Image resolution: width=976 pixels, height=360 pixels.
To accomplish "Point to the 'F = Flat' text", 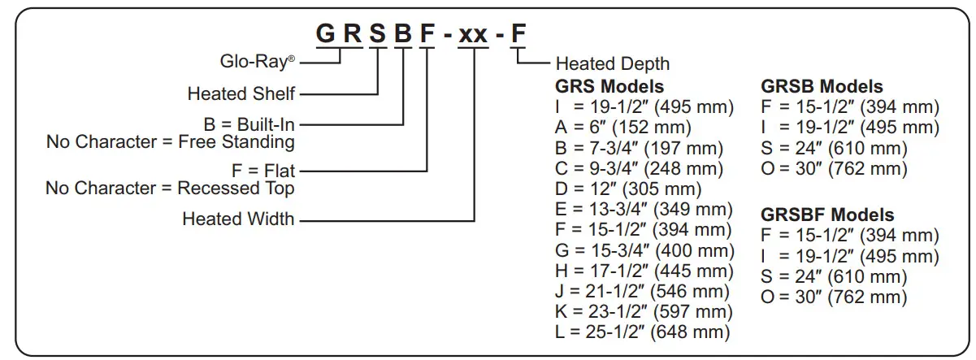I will (x=263, y=171).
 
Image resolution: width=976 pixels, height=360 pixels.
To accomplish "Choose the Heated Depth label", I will (x=613, y=64).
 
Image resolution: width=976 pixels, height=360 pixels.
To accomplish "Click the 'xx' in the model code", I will (x=473, y=36).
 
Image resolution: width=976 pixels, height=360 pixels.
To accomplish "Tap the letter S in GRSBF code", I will (x=377, y=36).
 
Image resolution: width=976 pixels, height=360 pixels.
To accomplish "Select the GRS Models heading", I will (x=609, y=86).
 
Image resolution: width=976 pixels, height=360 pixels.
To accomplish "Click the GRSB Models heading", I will (x=822, y=86).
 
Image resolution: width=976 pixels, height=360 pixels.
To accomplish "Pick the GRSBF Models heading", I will (x=827, y=215).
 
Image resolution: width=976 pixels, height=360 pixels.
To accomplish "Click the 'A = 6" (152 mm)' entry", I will (x=623, y=128).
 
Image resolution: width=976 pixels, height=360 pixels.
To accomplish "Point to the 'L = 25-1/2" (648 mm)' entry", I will (x=642, y=332).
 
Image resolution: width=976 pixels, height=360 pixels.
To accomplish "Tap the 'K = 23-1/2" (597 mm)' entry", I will (x=642, y=312).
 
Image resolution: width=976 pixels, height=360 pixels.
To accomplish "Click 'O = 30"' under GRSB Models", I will (x=834, y=169).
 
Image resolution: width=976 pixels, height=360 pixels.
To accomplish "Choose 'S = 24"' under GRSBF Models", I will (x=834, y=277).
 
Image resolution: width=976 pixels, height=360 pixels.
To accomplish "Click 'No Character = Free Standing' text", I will (x=170, y=143).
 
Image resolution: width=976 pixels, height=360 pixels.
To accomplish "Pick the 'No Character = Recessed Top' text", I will (x=170, y=189).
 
